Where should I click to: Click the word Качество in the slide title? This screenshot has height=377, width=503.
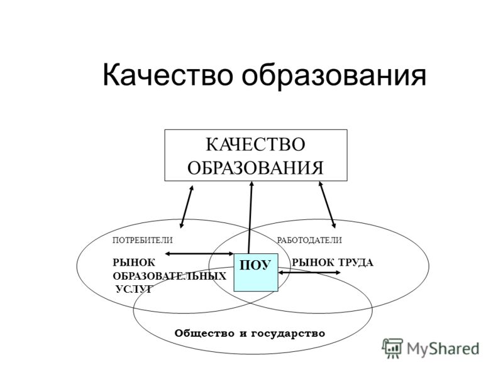click(167, 75)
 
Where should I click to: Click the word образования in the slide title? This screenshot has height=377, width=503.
click(334, 75)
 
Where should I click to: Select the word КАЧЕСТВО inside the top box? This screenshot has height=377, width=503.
click(255, 145)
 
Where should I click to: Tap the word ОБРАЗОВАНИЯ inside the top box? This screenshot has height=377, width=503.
click(255, 168)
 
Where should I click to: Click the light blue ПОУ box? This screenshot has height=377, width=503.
click(256, 272)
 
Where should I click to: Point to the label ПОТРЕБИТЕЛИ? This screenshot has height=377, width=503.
click(143, 240)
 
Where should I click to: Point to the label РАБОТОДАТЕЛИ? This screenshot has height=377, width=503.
click(309, 240)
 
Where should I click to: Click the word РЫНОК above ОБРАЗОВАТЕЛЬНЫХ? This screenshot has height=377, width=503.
click(134, 263)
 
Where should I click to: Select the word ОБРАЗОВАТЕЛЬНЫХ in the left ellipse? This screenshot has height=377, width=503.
click(169, 276)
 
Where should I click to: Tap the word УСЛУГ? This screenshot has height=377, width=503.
click(133, 289)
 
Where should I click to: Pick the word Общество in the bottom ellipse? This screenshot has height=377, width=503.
click(204, 334)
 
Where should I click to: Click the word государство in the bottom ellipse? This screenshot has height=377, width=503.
click(288, 334)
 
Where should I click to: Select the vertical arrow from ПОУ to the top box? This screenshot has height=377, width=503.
click(250, 217)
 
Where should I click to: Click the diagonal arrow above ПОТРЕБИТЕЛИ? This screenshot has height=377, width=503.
click(187, 207)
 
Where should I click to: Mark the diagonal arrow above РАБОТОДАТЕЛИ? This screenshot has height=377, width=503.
click(327, 205)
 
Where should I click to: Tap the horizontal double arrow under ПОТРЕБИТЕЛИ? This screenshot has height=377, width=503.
click(199, 254)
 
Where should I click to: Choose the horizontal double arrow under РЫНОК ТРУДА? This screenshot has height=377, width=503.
click(309, 273)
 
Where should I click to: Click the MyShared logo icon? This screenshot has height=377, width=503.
click(392, 348)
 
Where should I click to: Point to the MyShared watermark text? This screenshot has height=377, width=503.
click(443, 349)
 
